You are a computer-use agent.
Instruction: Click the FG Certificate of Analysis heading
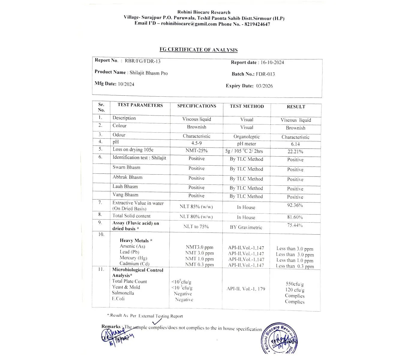point(198,50)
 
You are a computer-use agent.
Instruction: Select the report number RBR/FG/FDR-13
point(142,61)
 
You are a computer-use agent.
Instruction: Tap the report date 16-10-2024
point(272,62)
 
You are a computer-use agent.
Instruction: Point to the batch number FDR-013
point(265,74)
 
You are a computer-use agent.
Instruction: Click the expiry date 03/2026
point(264,86)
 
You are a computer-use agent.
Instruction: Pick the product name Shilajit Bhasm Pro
point(148,73)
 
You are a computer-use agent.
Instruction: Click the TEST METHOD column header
point(247,106)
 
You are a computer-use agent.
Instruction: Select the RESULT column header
point(296,106)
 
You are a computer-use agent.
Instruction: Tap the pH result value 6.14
point(295,144)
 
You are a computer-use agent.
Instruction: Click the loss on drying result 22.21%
point(295,152)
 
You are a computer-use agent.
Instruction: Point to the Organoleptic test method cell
point(247,136)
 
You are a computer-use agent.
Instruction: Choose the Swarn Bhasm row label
point(126,167)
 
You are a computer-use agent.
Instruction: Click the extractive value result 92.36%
point(295,205)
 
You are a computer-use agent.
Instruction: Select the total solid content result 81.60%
point(295,217)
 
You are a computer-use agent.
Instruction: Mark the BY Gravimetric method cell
point(246,227)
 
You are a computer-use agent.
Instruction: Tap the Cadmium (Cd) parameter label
point(134,264)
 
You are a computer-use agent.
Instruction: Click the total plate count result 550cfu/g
point(295,284)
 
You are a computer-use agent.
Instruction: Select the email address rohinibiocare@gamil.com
point(189,24)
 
